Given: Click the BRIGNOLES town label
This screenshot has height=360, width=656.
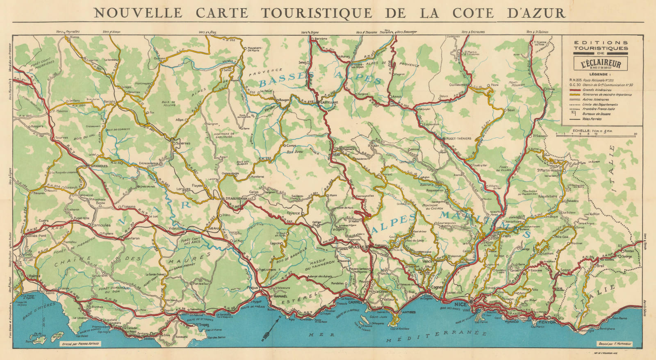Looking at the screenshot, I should coord(97,166).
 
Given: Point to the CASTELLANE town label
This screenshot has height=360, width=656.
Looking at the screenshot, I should coord(330,102).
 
